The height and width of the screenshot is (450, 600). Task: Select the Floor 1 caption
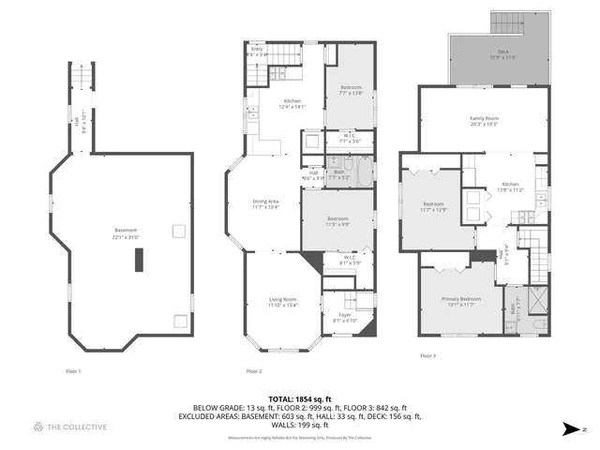click(x=73, y=371)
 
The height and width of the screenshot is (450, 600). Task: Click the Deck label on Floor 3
click(x=490, y=52)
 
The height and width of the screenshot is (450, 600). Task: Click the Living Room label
click(x=282, y=299)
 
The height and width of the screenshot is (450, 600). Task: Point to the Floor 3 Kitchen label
click(x=509, y=184)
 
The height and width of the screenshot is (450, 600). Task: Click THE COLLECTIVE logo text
click(x=79, y=427)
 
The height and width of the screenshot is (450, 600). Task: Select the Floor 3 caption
click(x=427, y=356)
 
